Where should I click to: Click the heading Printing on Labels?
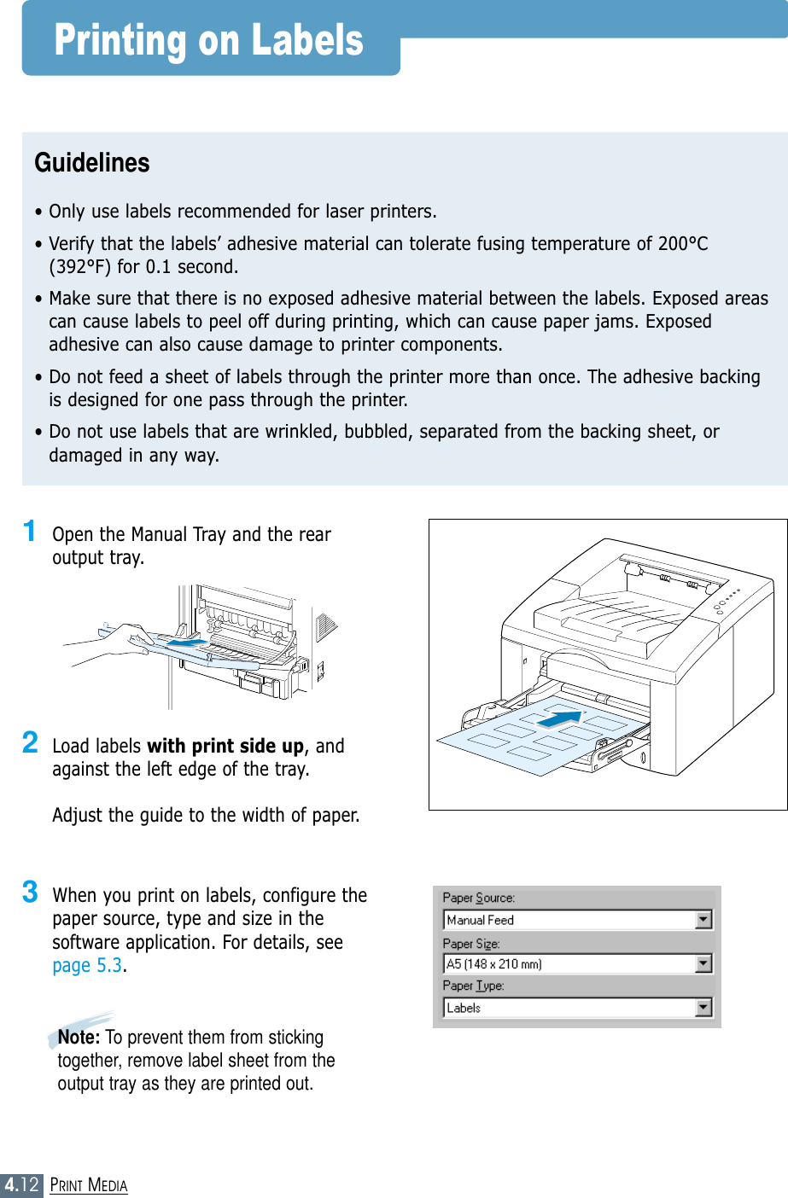(209, 40)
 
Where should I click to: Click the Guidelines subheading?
(92, 163)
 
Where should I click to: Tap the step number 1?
(30, 531)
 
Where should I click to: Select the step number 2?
(30, 742)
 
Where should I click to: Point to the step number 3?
(30, 892)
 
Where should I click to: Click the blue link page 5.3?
(87, 966)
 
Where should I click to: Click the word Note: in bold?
(79, 1038)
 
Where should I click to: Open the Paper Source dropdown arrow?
(703, 920)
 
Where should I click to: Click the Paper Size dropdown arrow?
(703, 963)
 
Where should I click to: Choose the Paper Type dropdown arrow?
(703, 1008)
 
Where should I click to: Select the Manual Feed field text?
(481, 920)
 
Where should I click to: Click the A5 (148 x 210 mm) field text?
(494, 964)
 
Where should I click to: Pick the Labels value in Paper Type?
(464, 1008)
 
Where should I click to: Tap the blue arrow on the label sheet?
(559, 719)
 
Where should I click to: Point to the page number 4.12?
(21, 1184)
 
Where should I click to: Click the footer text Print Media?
(89, 1185)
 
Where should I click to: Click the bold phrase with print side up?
(225, 746)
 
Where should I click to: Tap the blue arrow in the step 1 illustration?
(185, 643)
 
